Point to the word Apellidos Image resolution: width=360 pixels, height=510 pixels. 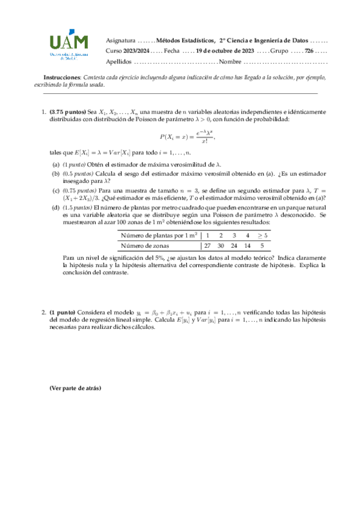(118, 62)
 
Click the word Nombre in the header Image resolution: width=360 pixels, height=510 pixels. (231, 62)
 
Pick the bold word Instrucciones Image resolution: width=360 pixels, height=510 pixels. (61, 78)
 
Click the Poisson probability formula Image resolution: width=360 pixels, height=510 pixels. (188, 137)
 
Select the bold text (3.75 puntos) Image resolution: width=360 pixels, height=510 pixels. (67, 112)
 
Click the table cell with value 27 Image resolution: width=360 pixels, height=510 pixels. (207, 245)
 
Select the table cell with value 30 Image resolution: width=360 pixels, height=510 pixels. (221, 245)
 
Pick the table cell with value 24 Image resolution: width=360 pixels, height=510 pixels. (234, 245)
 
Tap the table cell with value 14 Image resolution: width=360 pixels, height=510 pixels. (248, 245)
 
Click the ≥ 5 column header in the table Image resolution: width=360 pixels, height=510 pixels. (262, 236)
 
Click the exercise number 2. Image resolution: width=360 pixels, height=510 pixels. (44, 313)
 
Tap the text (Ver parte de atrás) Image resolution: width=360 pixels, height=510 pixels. (75, 388)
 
